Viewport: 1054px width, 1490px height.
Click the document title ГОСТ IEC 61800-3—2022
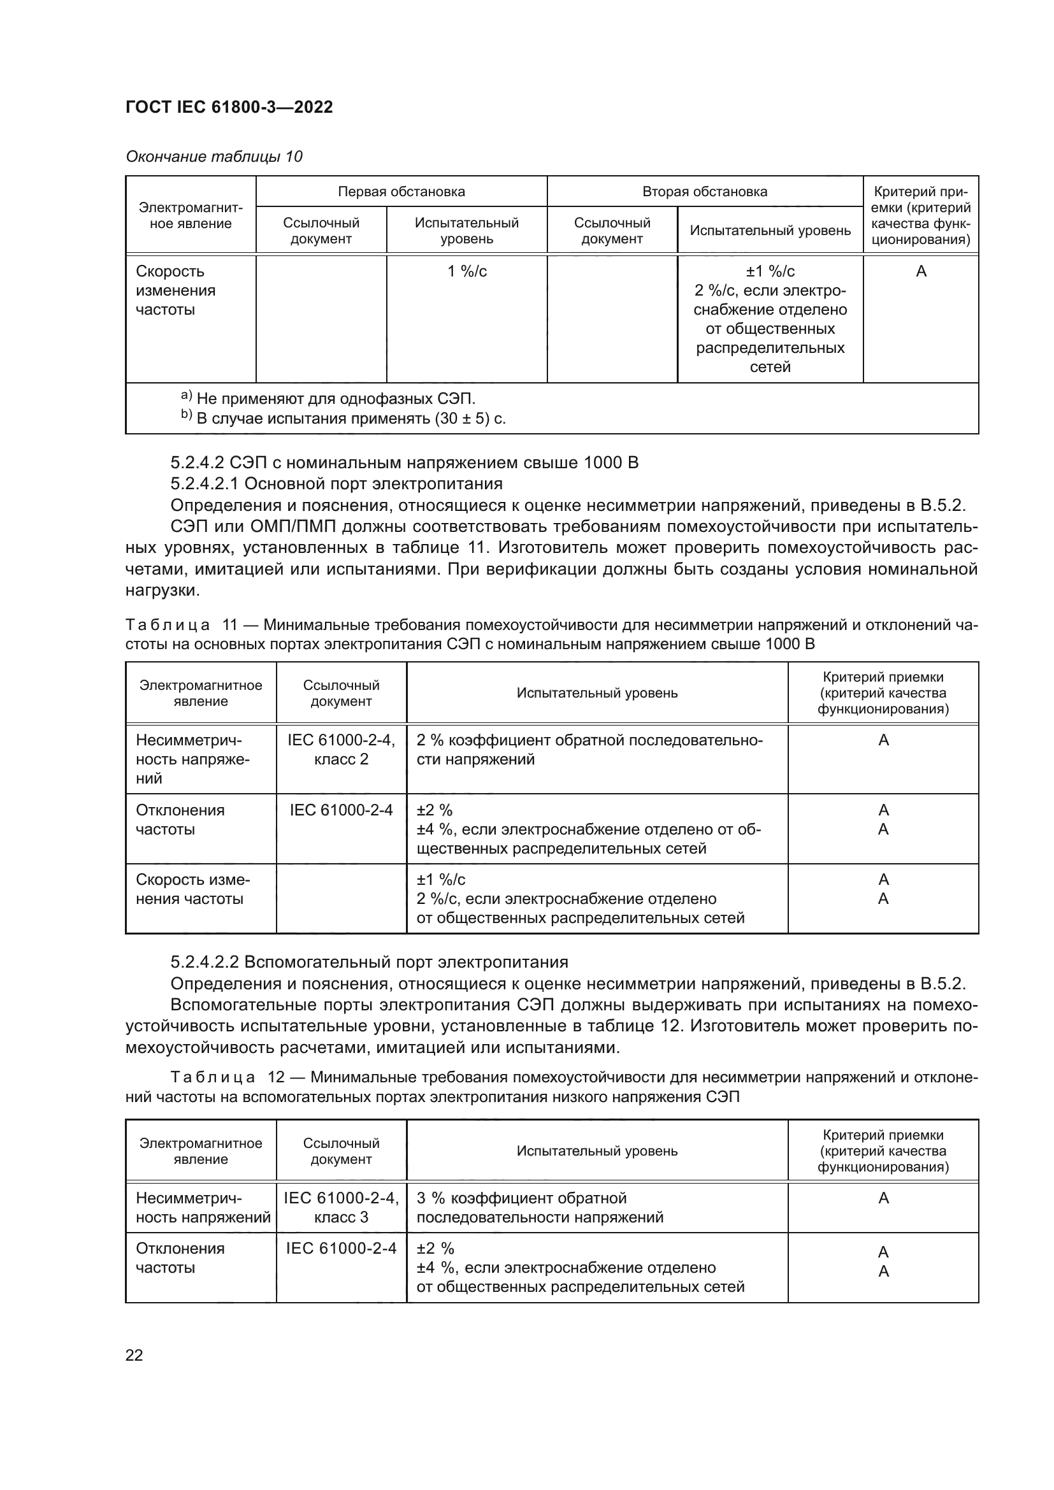click(x=229, y=107)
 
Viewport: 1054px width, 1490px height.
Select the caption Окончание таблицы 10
click(x=213, y=157)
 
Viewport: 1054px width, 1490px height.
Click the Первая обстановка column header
click(x=401, y=192)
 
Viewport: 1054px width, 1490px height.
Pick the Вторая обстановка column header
click(x=704, y=192)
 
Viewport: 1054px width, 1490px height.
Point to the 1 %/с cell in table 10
click(x=466, y=271)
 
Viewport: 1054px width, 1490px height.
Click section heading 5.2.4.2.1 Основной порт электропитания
click(x=336, y=484)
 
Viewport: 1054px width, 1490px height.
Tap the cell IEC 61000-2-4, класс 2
click(x=341, y=750)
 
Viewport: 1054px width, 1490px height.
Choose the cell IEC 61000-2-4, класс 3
click(x=341, y=1208)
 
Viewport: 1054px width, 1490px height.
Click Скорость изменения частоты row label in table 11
click(x=192, y=889)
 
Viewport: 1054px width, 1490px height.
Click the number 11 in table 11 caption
click(x=231, y=625)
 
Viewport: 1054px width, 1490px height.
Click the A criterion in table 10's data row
click(x=920, y=271)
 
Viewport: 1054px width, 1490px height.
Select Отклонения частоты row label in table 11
click(x=180, y=820)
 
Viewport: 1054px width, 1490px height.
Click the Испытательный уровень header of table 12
click(x=596, y=1150)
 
